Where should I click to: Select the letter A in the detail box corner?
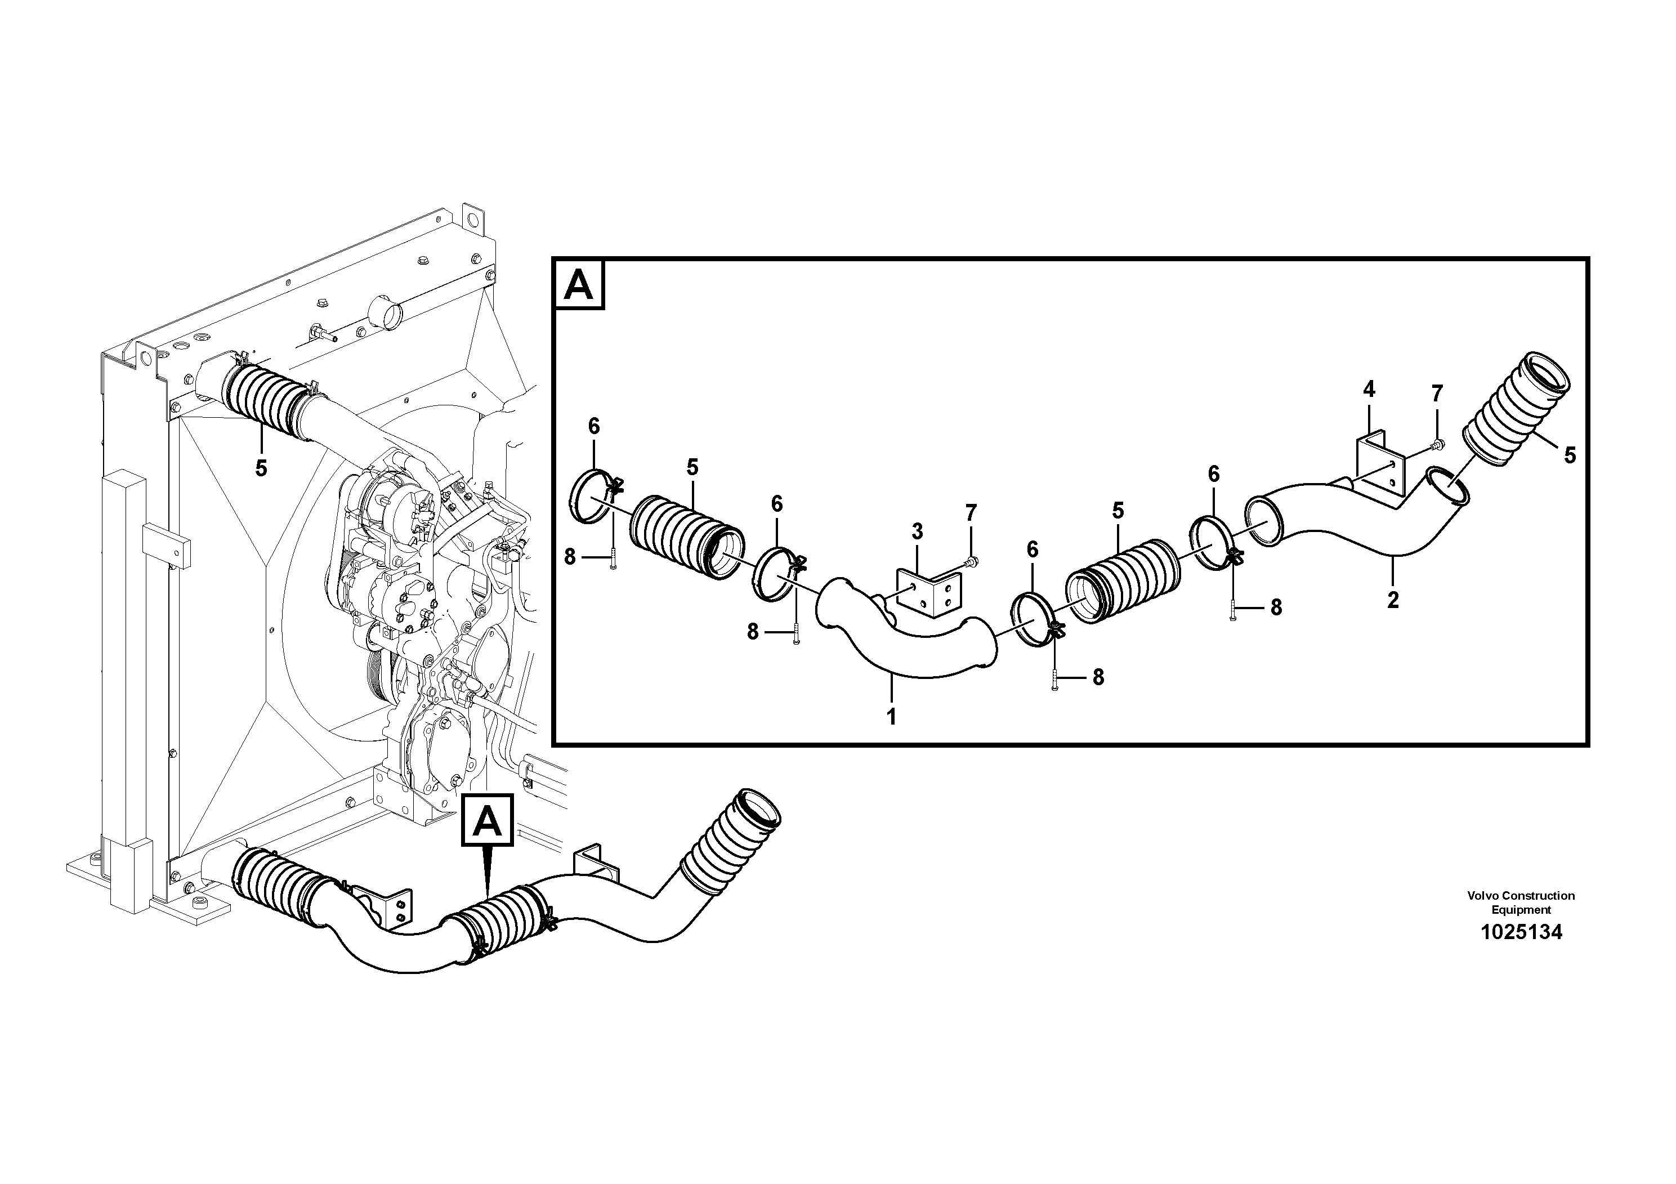579,285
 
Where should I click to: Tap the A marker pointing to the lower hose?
487,823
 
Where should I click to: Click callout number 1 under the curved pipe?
891,716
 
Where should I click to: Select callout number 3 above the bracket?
917,531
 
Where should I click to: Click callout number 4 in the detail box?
1369,390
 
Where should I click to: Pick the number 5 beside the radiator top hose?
261,468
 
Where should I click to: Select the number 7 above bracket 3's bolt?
970,513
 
